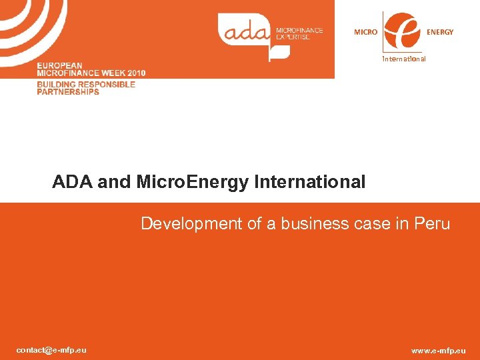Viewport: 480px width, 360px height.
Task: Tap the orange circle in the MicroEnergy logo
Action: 403,31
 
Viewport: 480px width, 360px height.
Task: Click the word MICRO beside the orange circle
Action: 365,32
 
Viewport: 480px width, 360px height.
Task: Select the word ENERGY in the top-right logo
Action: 440,32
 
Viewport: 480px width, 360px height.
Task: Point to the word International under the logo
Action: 403,59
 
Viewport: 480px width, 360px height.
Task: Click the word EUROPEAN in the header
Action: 61,65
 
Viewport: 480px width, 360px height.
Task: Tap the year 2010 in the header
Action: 134,72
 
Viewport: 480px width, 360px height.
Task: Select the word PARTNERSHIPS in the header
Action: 68,92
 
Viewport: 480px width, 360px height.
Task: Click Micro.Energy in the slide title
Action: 193,182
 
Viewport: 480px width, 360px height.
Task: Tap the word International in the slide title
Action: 309,182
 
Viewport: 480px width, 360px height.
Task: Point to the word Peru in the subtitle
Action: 431,224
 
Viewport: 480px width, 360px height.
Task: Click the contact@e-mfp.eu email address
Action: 51,350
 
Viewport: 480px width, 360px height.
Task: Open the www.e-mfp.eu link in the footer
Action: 439,351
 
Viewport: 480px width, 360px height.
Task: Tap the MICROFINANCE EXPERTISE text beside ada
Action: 299,33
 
